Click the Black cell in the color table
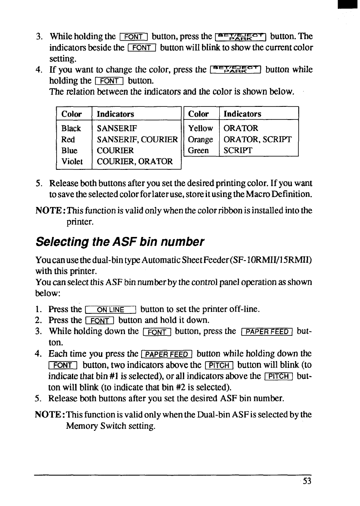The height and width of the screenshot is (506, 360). coord(71,128)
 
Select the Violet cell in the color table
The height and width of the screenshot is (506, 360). coord(72,161)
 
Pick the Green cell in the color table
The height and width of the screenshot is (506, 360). coord(199,150)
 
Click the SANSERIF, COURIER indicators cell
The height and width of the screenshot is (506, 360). coord(137,139)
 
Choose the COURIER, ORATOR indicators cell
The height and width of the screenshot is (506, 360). coord(134,161)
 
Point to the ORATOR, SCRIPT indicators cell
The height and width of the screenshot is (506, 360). coord(257,139)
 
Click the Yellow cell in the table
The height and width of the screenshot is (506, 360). coord(200,128)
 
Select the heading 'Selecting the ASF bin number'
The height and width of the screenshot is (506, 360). coord(120,242)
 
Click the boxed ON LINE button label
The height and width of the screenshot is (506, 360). coord(109,309)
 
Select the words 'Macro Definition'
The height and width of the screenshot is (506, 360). coord(281,194)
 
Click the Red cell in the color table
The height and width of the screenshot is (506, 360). coord(68,139)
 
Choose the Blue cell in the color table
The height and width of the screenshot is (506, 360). coord(69,150)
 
